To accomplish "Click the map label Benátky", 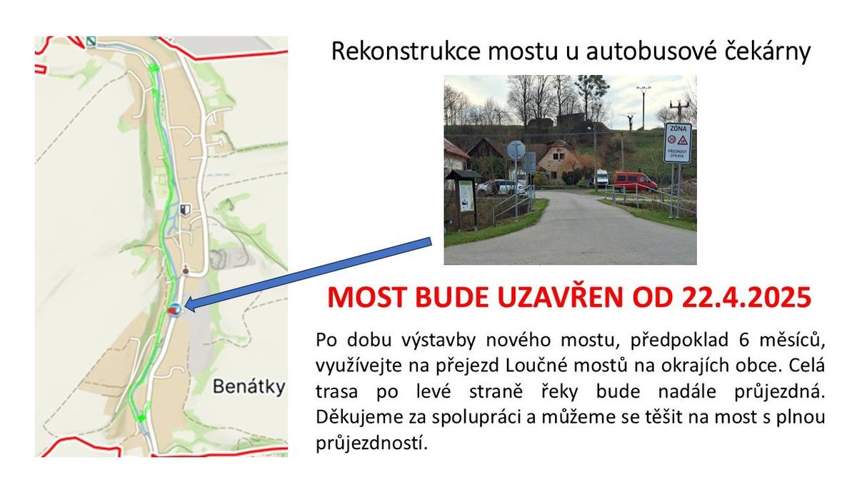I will pyautogui.click(x=249, y=387).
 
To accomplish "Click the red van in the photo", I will pyautogui.click(x=634, y=181).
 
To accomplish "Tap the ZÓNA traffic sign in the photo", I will pyautogui.click(x=677, y=142).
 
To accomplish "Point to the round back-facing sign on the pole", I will pyautogui.click(x=515, y=150).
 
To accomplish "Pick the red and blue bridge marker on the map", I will pyautogui.click(x=174, y=309).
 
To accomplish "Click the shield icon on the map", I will pyautogui.click(x=186, y=209).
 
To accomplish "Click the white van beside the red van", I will pyautogui.click(x=601, y=178).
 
